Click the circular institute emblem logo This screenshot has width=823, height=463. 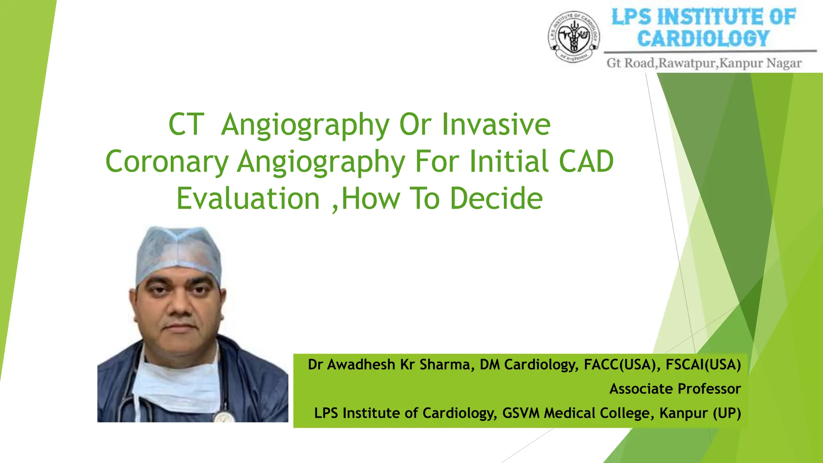tap(574, 37)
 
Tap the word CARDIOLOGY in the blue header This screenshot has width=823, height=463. tap(703, 39)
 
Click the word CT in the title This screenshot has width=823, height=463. tap(186, 125)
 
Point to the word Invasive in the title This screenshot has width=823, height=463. tap(496, 125)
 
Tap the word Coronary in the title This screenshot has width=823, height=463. tap(167, 162)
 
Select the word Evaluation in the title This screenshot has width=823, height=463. tap(248, 199)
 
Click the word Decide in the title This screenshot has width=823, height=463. tap(496, 199)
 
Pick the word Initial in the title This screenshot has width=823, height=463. tap(509, 162)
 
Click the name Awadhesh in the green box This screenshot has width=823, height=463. tap(361, 365)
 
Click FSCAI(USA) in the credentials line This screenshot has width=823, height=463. tap(703, 365)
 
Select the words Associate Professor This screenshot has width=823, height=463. tap(675, 389)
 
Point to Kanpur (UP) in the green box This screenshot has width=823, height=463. tap(700, 413)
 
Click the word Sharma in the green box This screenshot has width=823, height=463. tap(444, 365)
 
